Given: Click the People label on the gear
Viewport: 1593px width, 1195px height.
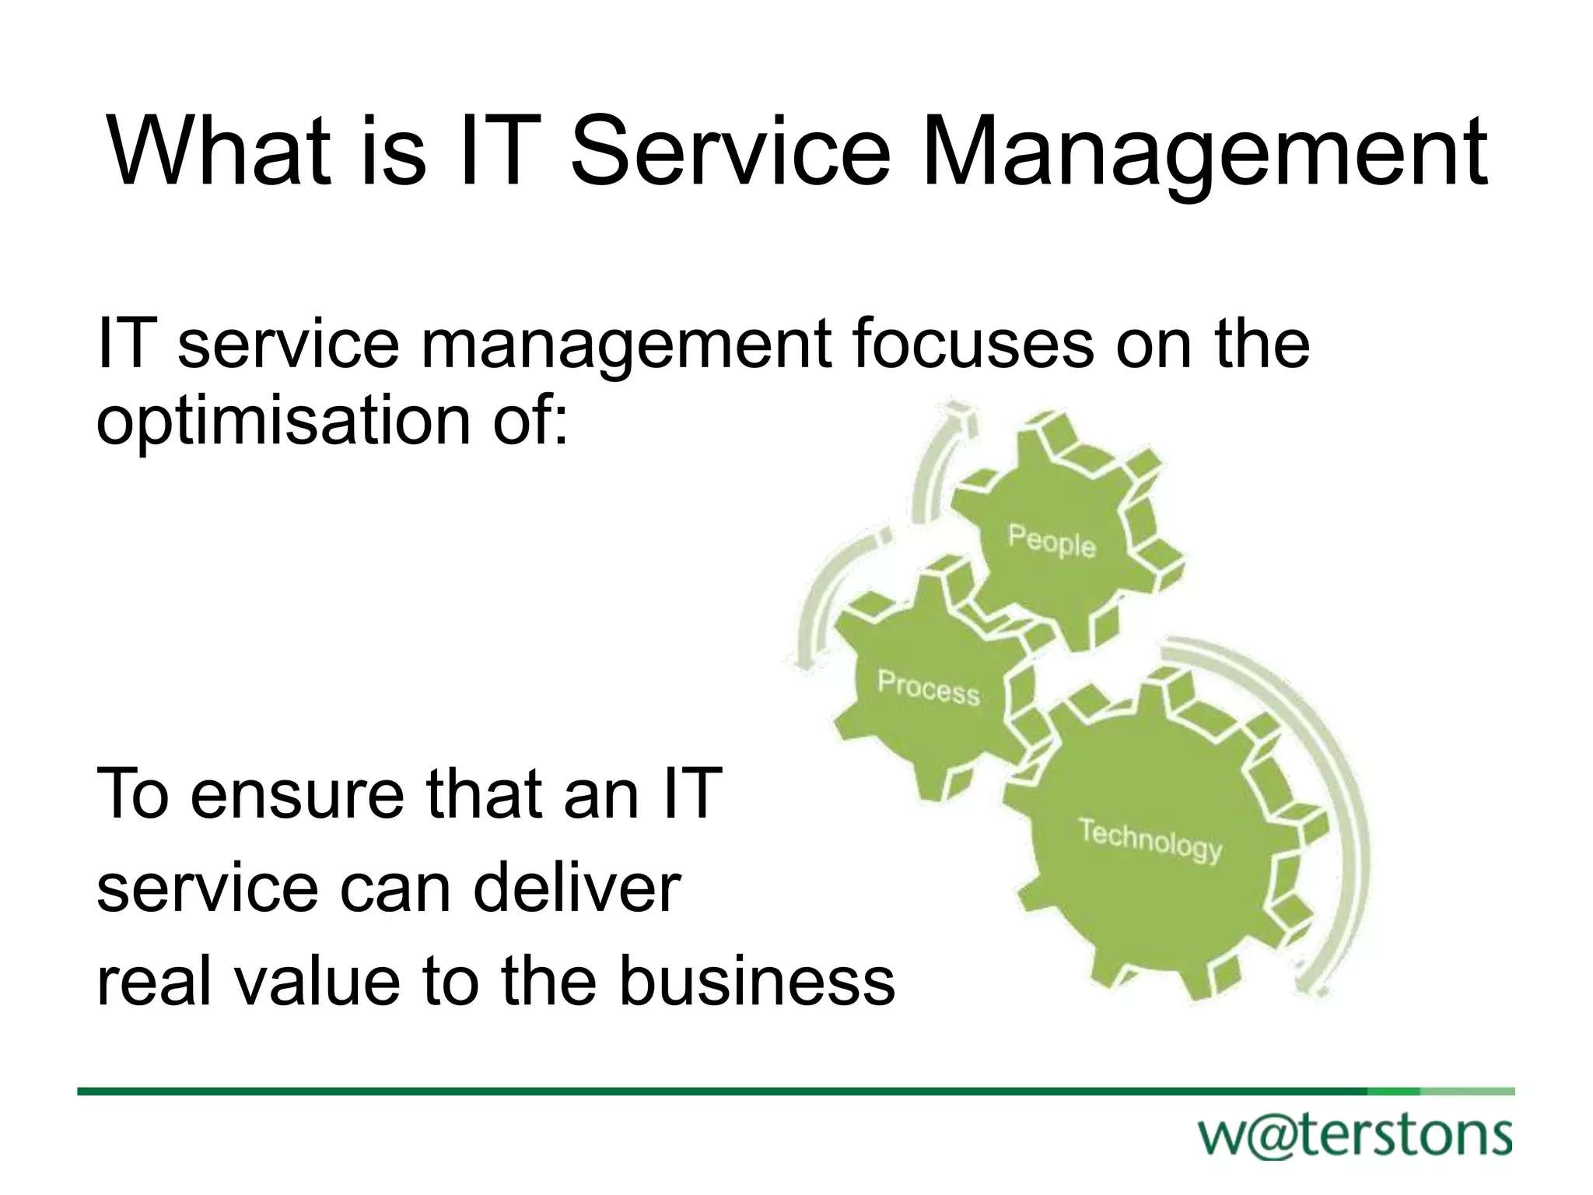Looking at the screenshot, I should click(x=1052, y=541).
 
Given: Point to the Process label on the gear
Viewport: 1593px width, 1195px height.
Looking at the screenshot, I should click(x=929, y=688).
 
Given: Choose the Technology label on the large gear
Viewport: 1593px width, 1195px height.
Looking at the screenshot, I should click(x=1150, y=840).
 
